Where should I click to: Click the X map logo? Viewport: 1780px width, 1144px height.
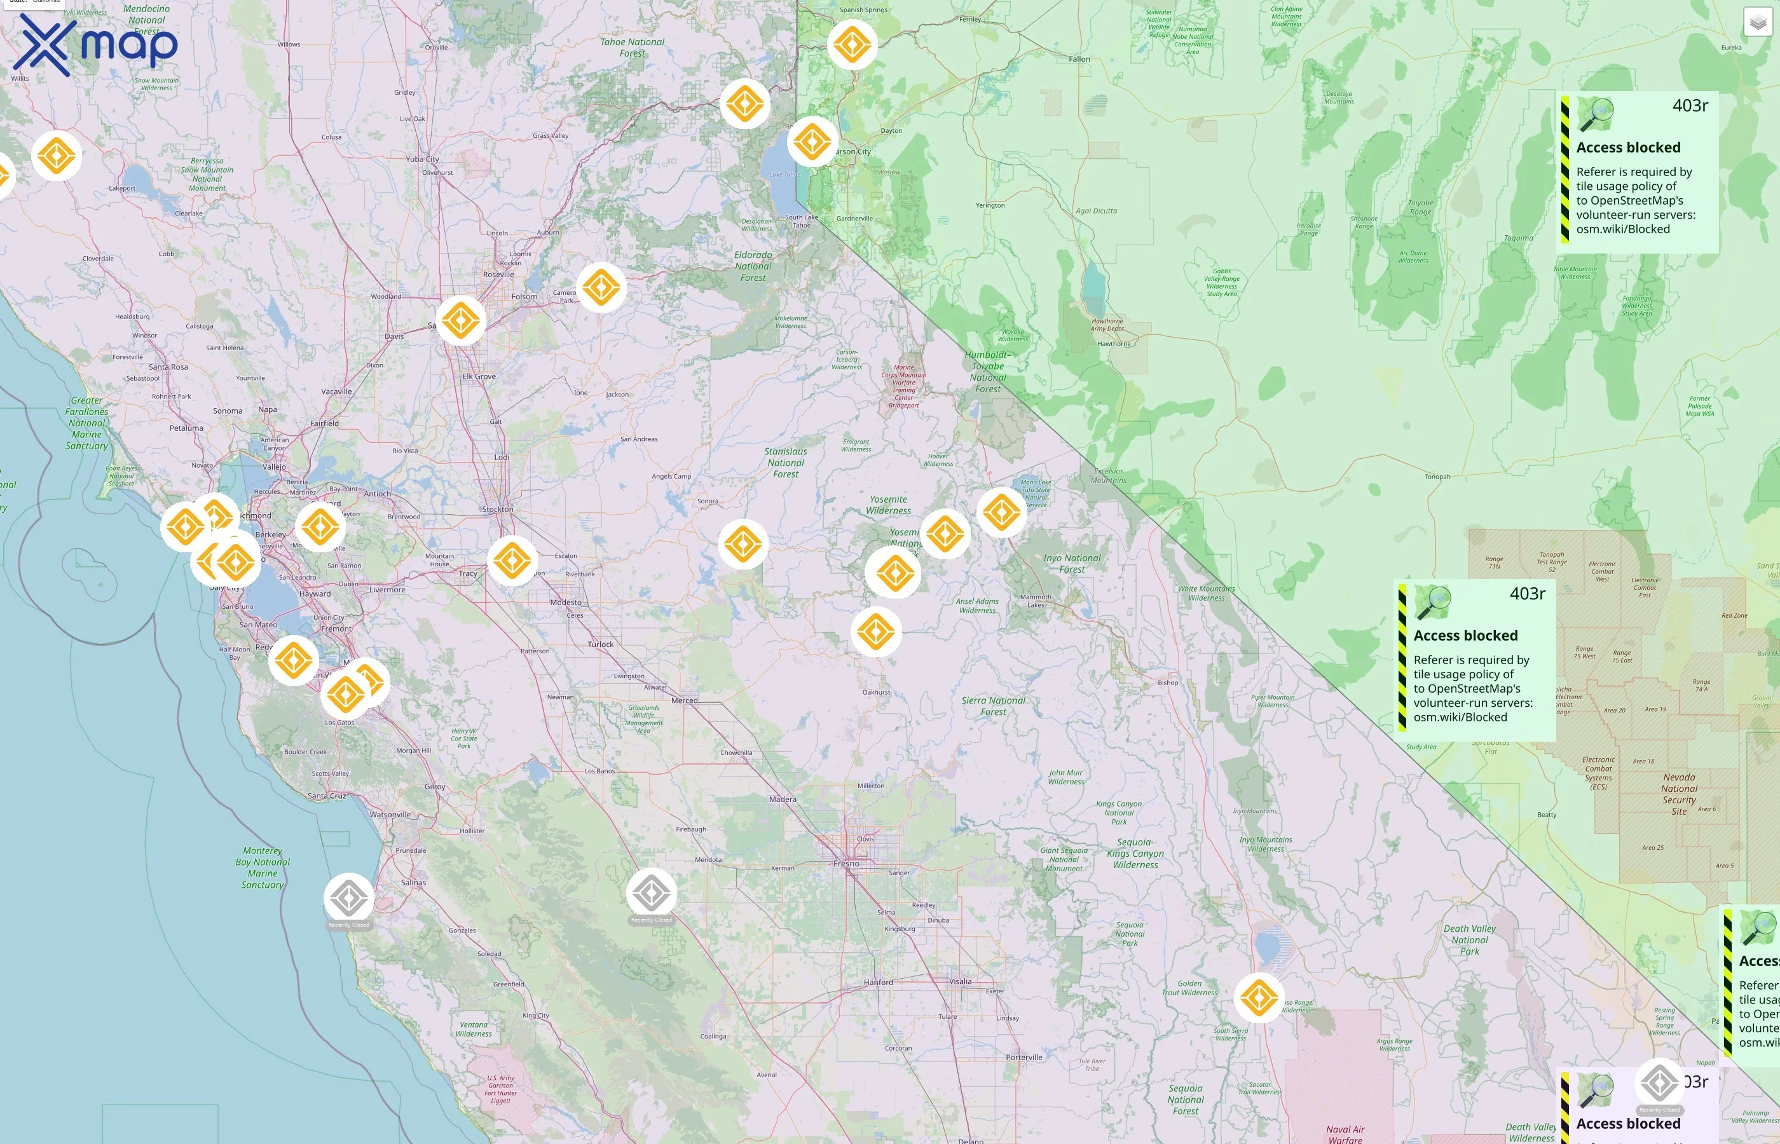95,45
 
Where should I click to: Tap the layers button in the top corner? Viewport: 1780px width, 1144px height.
1758,22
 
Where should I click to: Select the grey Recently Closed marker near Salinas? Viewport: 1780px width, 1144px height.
349,898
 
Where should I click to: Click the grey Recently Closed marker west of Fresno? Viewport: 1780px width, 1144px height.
652,893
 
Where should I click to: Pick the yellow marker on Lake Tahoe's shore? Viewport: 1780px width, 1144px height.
811,140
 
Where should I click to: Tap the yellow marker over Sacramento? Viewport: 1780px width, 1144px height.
461,320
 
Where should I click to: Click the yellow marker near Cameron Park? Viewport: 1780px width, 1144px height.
601,287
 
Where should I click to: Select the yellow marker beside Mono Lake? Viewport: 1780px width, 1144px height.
1001,512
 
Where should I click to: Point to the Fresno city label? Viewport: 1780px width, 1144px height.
846,864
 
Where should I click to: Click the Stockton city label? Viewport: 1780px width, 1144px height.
497,510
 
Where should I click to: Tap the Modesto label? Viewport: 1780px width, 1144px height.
566,603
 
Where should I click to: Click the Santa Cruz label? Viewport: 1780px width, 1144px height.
327,796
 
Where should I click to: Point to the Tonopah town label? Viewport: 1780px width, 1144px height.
1437,477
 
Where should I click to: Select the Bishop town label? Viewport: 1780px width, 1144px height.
1167,683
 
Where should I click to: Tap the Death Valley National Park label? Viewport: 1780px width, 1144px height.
1470,940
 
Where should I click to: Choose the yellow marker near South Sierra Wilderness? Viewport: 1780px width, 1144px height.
1259,997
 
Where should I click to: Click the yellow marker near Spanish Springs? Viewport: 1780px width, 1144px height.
852,44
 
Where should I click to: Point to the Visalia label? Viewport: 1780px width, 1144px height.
960,981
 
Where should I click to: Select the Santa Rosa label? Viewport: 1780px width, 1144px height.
168,367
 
